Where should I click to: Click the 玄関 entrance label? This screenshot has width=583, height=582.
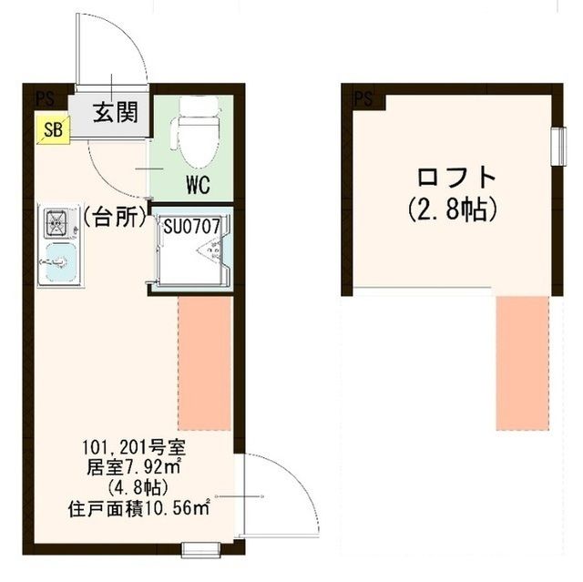[115, 113]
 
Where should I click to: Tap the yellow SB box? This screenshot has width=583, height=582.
[53, 129]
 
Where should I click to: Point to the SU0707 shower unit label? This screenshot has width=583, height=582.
[192, 224]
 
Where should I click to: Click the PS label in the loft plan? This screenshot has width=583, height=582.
[363, 97]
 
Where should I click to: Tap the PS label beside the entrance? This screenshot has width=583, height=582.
[44, 97]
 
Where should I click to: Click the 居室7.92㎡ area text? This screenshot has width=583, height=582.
[141, 467]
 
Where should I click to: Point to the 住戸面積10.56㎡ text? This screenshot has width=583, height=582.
[139, 506]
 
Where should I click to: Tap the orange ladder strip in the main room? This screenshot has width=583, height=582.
[204, 362]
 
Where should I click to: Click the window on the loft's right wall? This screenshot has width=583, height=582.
[557, 144]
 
